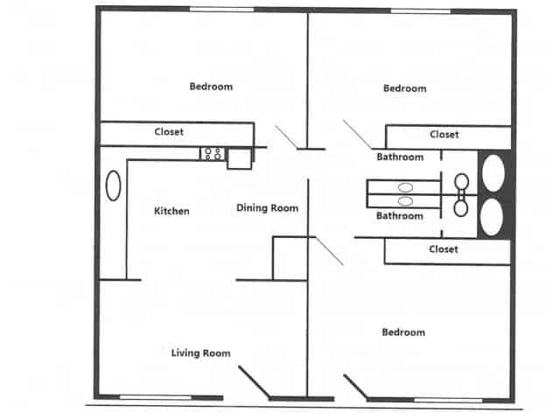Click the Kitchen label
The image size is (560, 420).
[x=171, y=211]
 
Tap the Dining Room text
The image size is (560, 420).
[x=267, y=208]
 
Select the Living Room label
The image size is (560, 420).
[x=200, y=353]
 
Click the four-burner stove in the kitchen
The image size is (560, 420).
[x=212, y=153]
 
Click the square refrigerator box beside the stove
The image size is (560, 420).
[x=239, y=157]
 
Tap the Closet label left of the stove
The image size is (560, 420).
[x=169, y=132]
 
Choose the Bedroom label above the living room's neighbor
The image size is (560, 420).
[x=403, y=332]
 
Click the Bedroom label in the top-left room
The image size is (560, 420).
[x=211, y=86]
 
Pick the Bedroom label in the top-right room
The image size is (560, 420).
[x=404, y=88]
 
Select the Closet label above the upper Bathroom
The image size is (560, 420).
[x=444, y=135]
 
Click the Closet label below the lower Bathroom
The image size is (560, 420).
[x=444, y=249]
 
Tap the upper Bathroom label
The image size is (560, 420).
[x=400, y=157]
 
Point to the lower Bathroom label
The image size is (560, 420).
[x=399, y=215]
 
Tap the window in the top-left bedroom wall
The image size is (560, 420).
[x=221, y=10]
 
